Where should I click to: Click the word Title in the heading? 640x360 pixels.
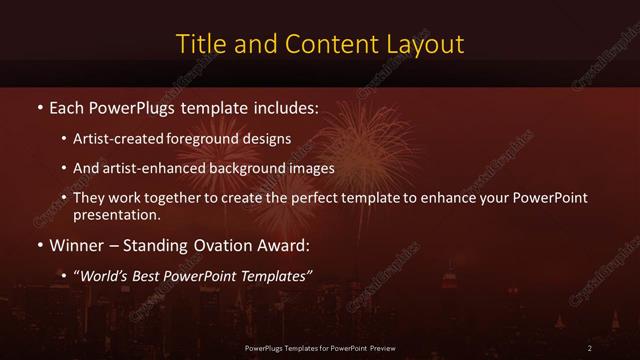click(200, 44)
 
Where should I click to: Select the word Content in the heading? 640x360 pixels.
click(327, 44)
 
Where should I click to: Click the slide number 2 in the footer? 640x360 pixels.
click(590, 347)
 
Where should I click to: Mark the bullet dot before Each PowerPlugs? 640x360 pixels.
click(39, 106)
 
